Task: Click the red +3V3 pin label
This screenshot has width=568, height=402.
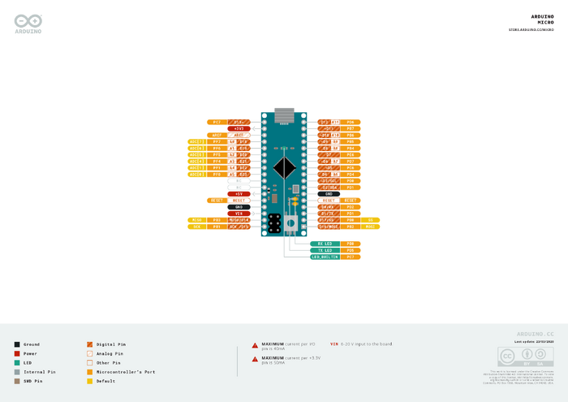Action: [239, 128]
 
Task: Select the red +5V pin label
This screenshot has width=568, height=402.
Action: [239, 194]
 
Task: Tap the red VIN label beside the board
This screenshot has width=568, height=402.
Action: [239, 213]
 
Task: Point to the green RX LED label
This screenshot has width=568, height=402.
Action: [324, 243]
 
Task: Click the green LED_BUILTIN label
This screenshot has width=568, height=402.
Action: [324, 257]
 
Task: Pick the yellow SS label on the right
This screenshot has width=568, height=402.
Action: [372, 220]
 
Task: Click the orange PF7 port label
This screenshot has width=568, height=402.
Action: [217, 141]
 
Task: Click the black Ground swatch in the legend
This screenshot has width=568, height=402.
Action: [17, 344]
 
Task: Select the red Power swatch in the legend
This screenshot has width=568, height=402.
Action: [17, 353]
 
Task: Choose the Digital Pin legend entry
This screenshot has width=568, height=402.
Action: [110, 344]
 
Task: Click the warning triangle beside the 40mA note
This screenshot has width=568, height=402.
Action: [255, 345]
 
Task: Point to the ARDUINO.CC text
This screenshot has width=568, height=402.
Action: [536, 334]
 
